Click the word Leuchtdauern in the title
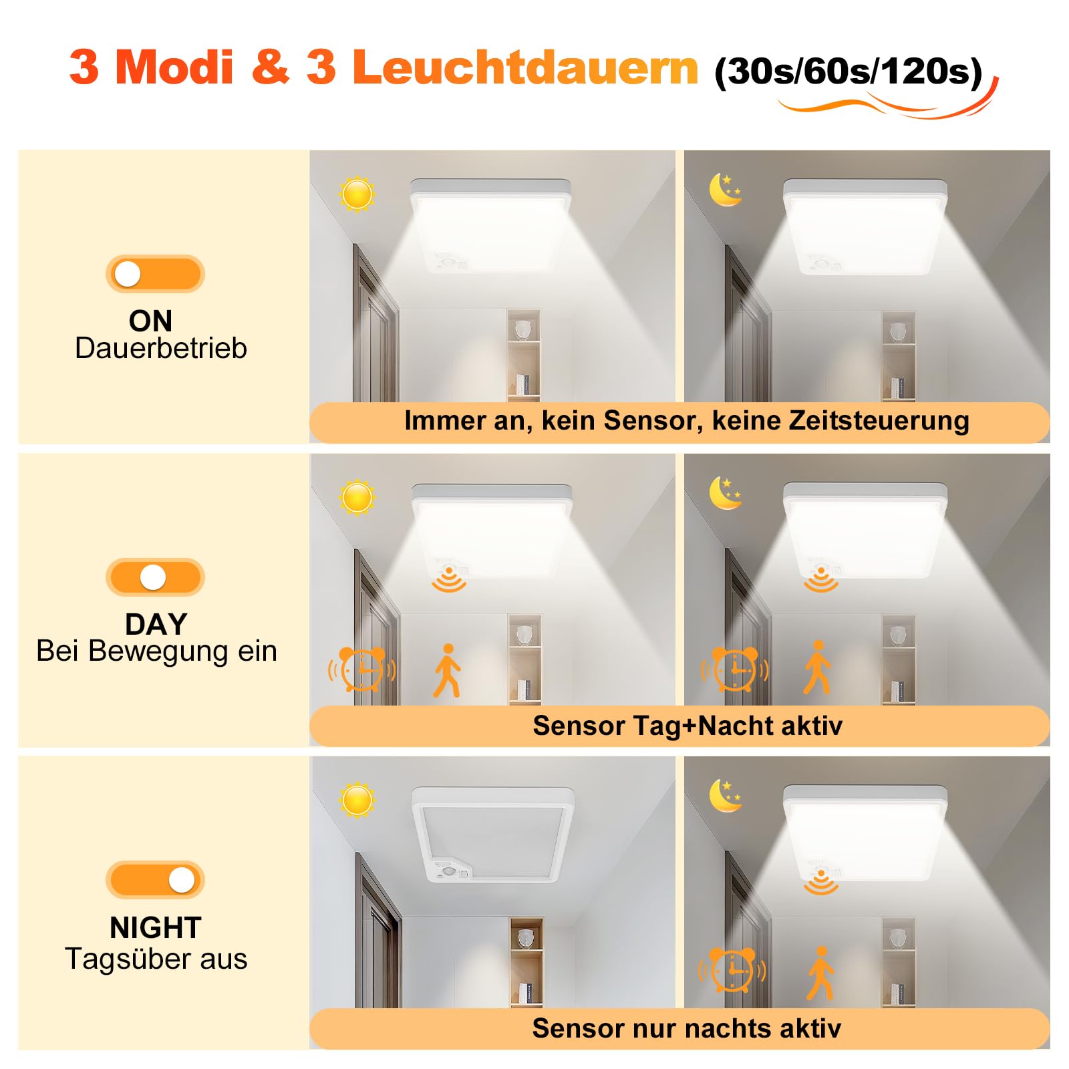[525, 67]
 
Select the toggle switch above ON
[155, 274]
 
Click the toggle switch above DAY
[155, 577]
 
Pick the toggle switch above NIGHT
[155, 880]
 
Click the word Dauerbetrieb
[161, 348]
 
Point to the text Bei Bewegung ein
[156, 651]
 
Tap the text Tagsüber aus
[156, 959]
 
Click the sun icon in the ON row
[357, 194]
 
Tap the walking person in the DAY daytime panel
[448, 671]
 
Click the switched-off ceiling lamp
[493, 834]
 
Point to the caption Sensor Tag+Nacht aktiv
[688, 726]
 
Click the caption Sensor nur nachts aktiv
[687, 1028]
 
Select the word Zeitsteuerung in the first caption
[879, 421]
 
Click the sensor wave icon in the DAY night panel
[821, 579]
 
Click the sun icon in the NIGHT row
[357, 800]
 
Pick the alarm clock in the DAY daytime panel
[362, 668]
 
